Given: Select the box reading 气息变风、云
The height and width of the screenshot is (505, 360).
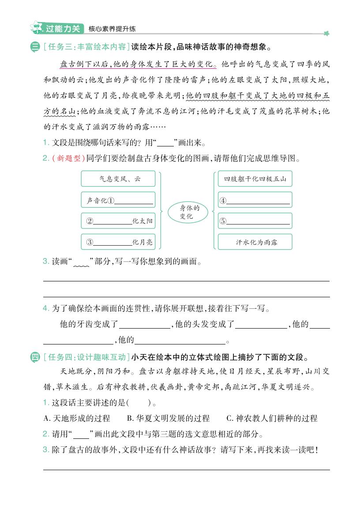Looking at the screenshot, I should (x=118, y=179).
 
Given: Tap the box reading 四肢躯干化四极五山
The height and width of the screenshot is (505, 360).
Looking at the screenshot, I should (x=255, y=179).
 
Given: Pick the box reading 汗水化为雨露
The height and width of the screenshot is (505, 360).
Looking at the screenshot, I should (x=255, y=242).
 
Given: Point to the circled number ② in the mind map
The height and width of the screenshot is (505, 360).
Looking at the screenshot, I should (x=90, y=221).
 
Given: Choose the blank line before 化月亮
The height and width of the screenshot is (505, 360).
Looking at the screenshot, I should (x=112, y=242).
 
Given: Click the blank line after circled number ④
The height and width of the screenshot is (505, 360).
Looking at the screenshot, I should (x=258, y=201).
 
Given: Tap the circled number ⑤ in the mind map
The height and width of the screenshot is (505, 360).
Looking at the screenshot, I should (x=223, y=221).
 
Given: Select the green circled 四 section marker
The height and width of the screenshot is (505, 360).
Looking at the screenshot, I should (x=35, y=357).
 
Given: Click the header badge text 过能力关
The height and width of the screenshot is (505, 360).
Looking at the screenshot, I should (x=63, y=29).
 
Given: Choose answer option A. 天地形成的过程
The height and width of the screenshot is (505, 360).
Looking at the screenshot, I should (x=77, y=418).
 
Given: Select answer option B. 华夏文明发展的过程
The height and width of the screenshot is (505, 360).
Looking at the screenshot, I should (x=168, y=418).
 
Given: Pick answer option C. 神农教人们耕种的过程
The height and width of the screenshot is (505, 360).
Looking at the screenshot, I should (x=272, y=418).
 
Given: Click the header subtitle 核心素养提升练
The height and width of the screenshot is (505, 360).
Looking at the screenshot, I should (x=112, y=29).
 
